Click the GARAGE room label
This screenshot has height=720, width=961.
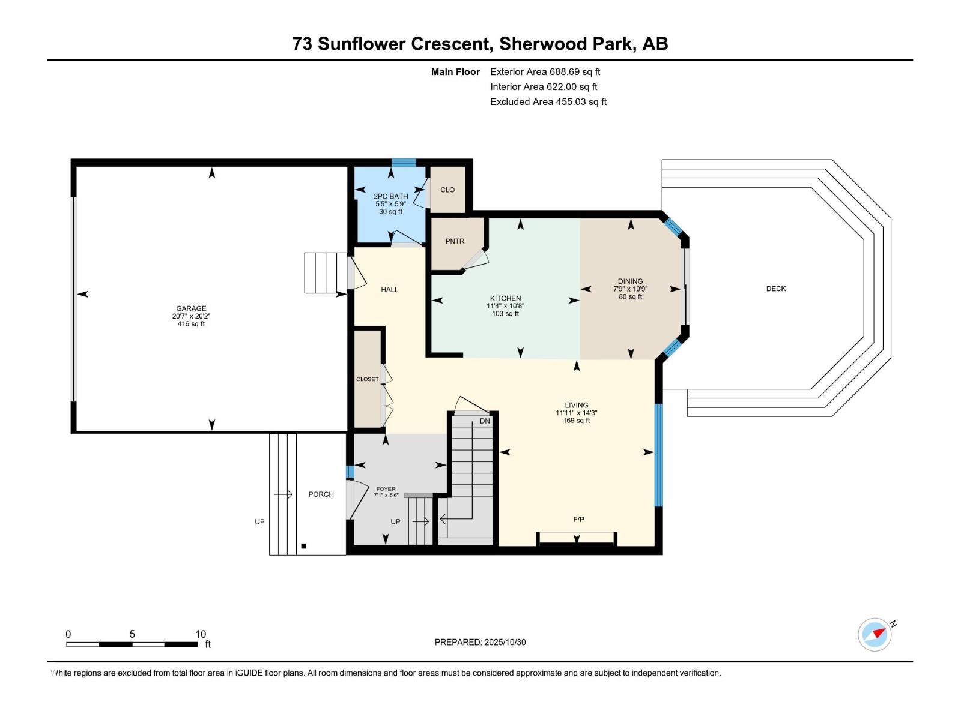tap(191, 308)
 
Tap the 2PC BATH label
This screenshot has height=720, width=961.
tap(390, 196)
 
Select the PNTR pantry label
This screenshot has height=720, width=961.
tap(455, 241)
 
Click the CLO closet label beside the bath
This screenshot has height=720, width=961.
tap(447, 190)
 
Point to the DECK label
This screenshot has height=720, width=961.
tap(775, 289)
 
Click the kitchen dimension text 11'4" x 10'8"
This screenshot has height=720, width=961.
tap(505, 306)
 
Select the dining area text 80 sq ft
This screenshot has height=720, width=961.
tap(630, 296)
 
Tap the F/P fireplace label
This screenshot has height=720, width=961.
tap(578, 519)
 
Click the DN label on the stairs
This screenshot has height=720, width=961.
tap(485, 421)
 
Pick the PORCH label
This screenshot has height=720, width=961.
tap(321, 494)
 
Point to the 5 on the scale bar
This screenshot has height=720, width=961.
tap(132, 634)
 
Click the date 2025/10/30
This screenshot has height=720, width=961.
tap(505, 642)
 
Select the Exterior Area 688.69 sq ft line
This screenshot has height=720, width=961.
tap(545, 72)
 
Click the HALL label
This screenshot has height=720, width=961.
tap(389, 289)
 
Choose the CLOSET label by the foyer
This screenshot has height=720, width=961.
tap(367, 379)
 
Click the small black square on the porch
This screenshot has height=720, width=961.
tap(304, 546)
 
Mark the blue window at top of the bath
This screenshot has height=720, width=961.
tap(404, 163)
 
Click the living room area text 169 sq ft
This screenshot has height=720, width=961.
tap(576, 421)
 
